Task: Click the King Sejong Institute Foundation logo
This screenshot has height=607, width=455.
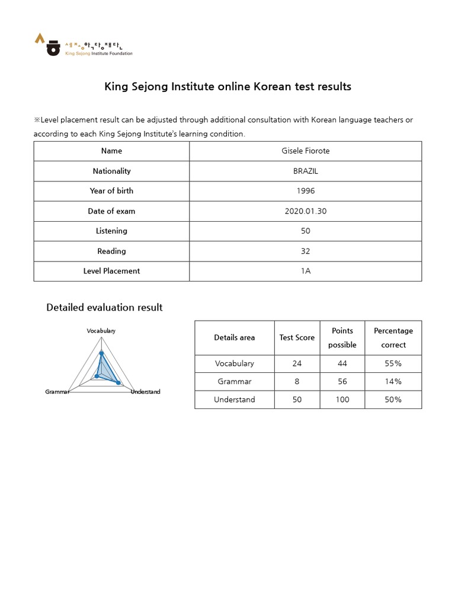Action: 83,44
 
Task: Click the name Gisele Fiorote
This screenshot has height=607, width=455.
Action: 305,151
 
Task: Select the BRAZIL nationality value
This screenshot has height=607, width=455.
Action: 305,171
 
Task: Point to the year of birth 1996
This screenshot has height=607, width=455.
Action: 305,191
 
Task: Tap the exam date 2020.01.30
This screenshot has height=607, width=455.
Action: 305,211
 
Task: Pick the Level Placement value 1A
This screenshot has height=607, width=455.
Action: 305,271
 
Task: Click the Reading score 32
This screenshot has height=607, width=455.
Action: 305,251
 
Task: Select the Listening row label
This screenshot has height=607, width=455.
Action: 111,231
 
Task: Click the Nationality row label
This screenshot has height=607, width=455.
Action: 111,171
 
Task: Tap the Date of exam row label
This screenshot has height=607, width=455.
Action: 111,211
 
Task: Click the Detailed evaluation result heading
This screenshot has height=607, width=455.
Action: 104,308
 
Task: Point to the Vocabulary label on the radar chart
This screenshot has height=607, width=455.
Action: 101,331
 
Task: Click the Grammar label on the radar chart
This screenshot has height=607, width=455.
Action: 57,392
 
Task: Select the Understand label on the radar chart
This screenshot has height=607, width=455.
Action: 145,392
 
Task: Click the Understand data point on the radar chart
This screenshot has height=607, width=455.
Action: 118,383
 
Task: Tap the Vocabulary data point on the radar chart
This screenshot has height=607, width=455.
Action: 101,353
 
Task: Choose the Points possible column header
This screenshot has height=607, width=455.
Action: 342,337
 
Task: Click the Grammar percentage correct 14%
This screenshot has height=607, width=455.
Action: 393,382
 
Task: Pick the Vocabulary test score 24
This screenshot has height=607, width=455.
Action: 297,363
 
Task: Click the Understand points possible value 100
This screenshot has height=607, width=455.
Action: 342,400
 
